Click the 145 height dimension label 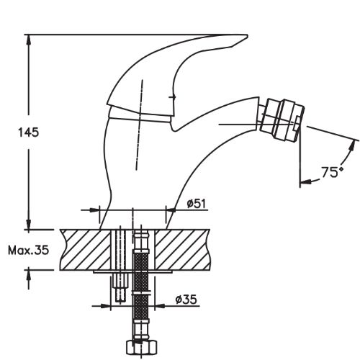coord(28,132)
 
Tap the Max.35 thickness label coord(28,251)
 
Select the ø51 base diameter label coord(197,204)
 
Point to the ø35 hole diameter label coord(186,300)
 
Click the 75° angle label coord(333,172)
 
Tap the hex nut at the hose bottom coord(142,347)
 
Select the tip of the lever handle coord(247,36)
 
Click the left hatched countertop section coord(85,250)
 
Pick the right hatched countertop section coord(182,250)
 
